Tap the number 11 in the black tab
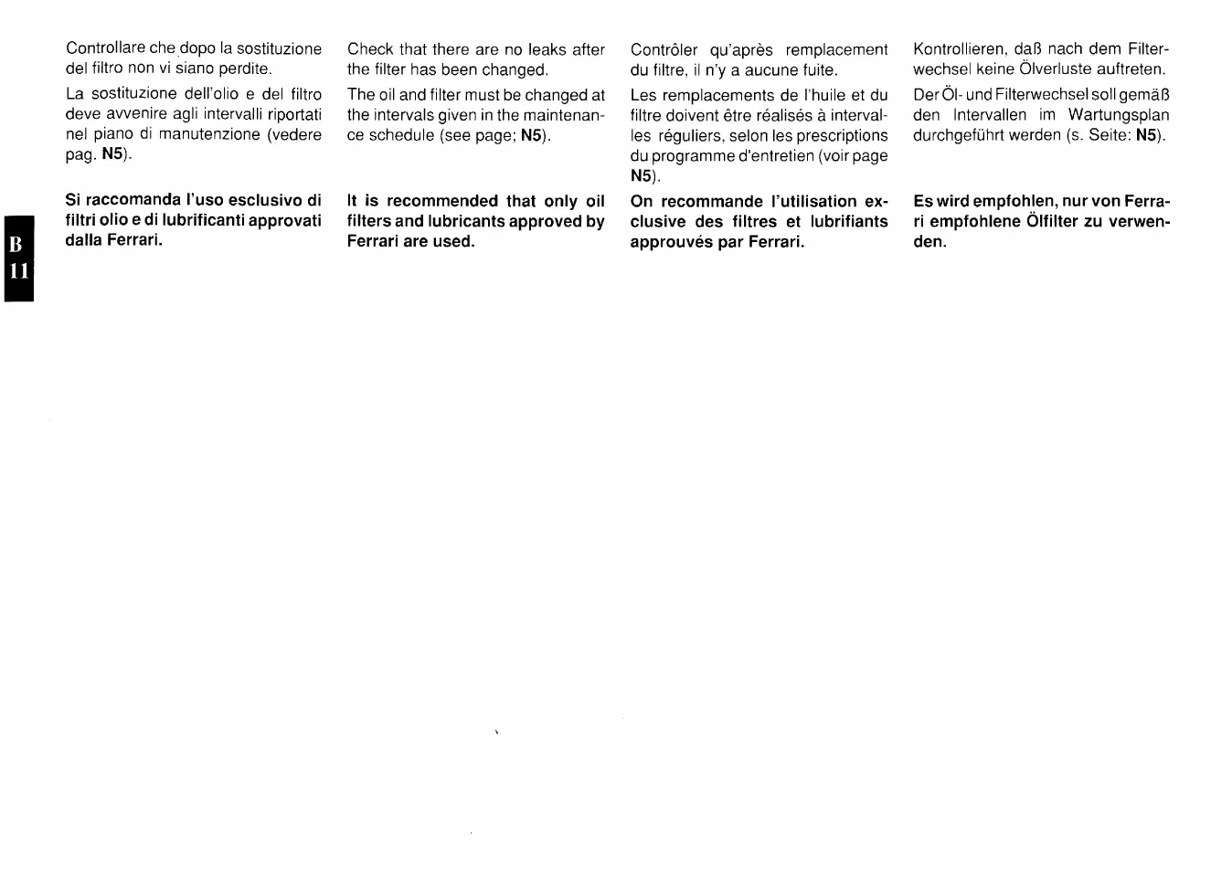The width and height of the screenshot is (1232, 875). (x=17, y=272)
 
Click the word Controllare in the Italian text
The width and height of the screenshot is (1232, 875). (x=106, y=48)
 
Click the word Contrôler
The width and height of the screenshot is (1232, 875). (x=664, y=49)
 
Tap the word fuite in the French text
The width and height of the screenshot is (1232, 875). (x=817, y=69)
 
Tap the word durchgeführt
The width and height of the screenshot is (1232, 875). (x=959, y=135)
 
